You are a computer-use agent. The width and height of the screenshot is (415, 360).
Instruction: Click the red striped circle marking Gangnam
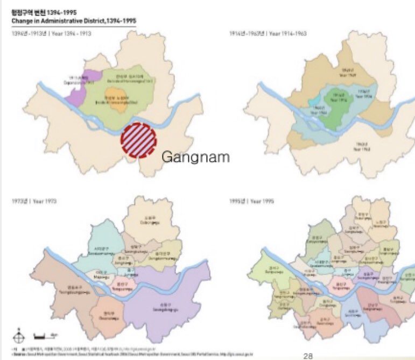pyautogui.click(x=138, y=140)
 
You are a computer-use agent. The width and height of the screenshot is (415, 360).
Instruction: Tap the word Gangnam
pyautogui.click(x=195, y=157)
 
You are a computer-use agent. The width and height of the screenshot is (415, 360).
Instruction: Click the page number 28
pyautogui.click(x=308, y=356)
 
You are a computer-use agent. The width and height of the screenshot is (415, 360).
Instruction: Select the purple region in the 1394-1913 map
pyautogui.click(x=78, y=89)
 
